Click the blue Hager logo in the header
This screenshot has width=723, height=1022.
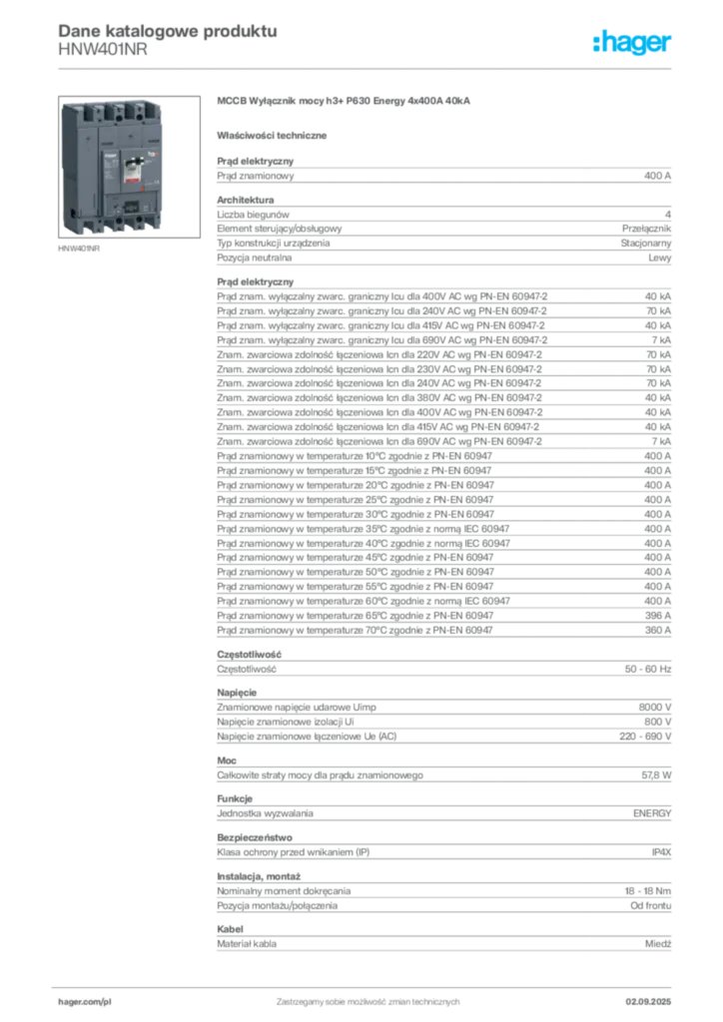633,44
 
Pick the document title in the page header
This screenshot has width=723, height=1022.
165,28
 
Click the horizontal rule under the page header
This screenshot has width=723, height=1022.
367,68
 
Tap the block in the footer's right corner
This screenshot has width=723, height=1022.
655,996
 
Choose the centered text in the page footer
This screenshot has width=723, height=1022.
367,998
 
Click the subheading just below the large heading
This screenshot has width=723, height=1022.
276,135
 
